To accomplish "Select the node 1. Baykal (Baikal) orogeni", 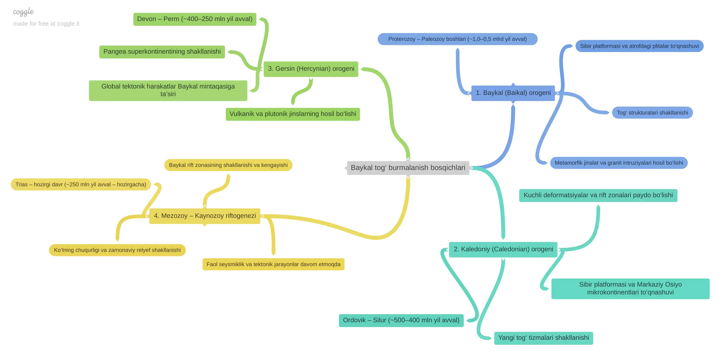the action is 513,93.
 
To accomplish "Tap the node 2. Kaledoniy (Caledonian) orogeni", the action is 503,249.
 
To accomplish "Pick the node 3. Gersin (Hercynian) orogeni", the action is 311,69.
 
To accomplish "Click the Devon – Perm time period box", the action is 195,19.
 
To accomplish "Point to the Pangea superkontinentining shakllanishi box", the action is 162,52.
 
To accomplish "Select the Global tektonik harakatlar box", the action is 168,90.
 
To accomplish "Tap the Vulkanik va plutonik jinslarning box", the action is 293,114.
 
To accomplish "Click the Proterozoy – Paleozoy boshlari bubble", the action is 457,39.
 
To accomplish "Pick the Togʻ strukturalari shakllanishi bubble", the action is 652,113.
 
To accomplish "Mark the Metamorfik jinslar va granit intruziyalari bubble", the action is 619,163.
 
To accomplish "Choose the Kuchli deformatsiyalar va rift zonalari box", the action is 598,195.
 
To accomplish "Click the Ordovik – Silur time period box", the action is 401,320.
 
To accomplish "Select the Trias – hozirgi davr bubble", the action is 81,185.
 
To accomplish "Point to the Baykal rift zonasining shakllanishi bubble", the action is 228,165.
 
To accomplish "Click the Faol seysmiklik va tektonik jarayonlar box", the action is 273,264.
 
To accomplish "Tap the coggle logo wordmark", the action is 23,12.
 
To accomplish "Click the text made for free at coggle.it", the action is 46,24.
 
